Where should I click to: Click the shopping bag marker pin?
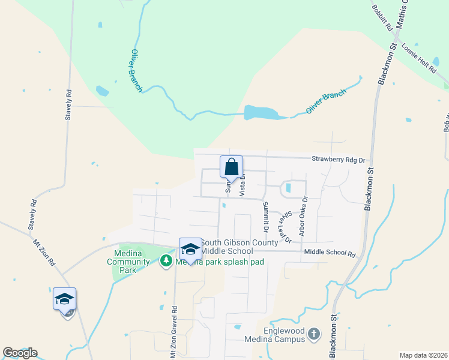(x=232, y=167)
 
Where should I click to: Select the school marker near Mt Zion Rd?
(x=64, y=299)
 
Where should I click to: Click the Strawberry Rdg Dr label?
(x=338, y=160)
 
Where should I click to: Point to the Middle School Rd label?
(x=330, y=254)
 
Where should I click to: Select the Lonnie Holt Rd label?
(x=418, y=58)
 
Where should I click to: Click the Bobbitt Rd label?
(x=382, y=18)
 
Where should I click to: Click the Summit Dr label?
(x=265, y=217)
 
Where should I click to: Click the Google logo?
(x=20, y=353)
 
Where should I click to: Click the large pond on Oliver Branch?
(x=259, y=112)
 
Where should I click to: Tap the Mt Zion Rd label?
(x=44, y=253)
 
